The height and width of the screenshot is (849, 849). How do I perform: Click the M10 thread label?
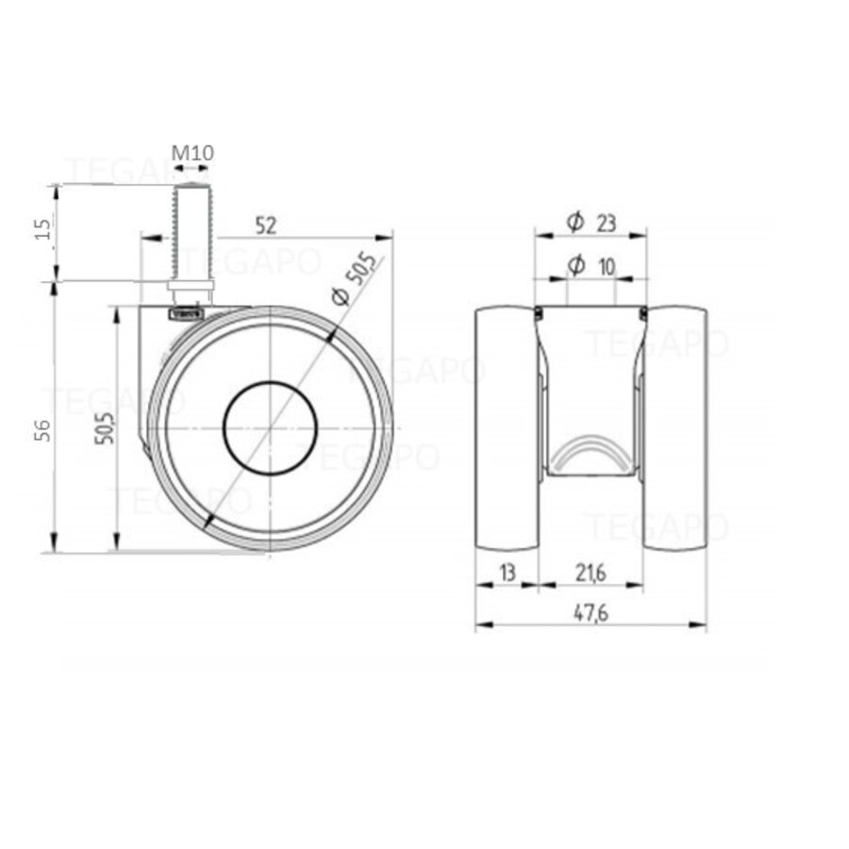(x=192, y=153)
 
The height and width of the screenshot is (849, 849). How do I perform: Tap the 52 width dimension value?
(x=265, y=225)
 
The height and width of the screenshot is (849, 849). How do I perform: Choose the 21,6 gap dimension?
(x=590, y=572)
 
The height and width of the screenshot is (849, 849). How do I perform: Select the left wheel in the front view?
(x=506, y=429)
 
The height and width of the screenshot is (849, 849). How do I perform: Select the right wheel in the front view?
(x=674, y=429)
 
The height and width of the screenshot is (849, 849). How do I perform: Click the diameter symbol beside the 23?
(x=574, y=222)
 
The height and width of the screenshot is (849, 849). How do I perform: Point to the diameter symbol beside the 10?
(x=574, y=267)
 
